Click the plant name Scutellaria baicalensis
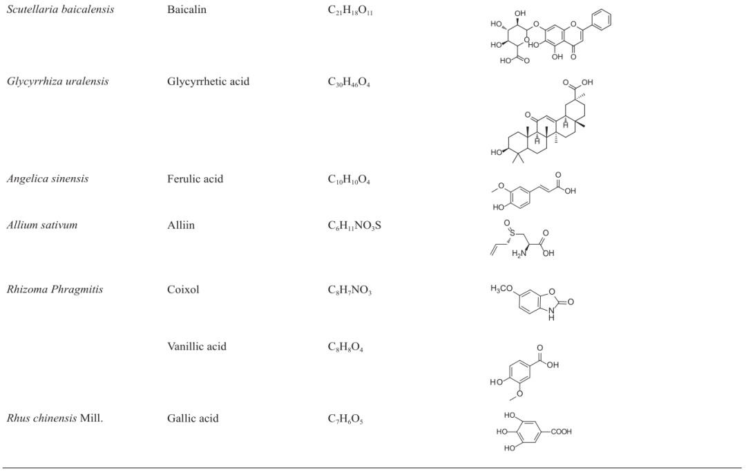[x=60, y=10]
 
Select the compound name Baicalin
[x=186, y=10]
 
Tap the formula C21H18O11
[x=350, y=11]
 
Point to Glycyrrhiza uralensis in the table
[x=57, y=82]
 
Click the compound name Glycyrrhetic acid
[x=208, y=82]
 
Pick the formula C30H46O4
[x=349, y=82]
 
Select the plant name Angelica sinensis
[x=47, y=179]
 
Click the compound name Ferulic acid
[x=195, y=179]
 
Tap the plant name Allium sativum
[x=41, y=225]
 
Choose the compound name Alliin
[x=180, y=225]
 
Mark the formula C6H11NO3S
[x=354, y=226]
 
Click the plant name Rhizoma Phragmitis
[x=55, y=290]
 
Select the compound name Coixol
[x=182, y=290]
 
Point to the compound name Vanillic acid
[x=196, y=347]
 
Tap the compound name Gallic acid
[x=192, y=418]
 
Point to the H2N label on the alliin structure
[x=519, y=252]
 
